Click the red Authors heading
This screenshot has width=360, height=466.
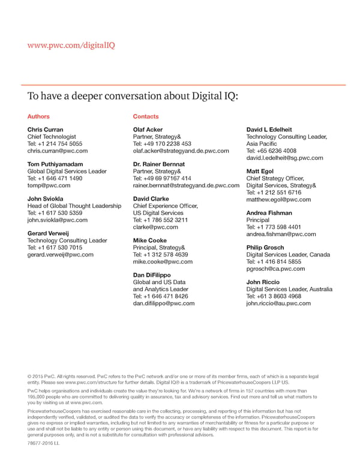[x=38, y=116]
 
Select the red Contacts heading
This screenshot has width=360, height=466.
[x=146, y=116]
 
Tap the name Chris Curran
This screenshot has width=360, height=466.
[x=45, y=130]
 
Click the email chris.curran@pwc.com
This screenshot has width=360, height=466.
[x=58, y=151]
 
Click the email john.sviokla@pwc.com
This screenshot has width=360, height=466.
[x=58, y=220]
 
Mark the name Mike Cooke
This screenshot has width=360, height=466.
[x=149, y=240]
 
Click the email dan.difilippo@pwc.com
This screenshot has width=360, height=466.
[x=164, y=303]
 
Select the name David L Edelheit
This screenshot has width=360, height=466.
[x=269, y=130]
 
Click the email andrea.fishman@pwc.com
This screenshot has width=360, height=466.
[x=281, y=234]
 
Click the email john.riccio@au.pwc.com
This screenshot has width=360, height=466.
[x=278, y=303]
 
